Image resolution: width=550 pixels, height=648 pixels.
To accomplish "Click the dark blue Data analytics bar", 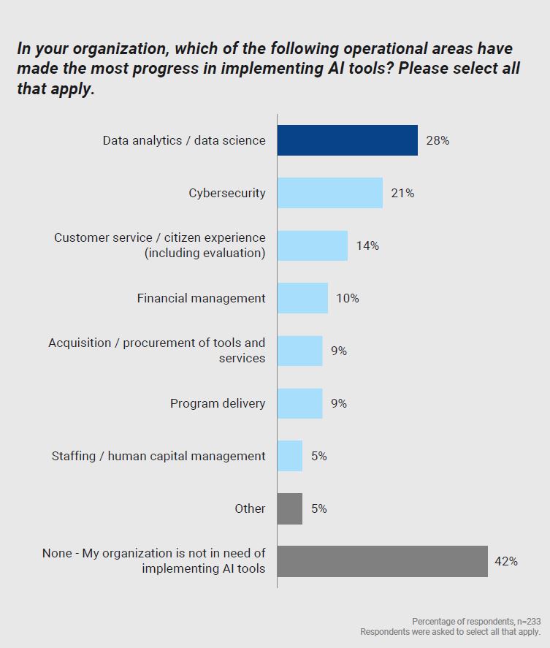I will (347, 140).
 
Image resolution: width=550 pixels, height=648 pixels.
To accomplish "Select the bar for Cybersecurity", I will (329, 193).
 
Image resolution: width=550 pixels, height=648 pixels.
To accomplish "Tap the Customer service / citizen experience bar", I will (312, 245).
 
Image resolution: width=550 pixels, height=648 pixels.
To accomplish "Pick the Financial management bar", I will (302, 298).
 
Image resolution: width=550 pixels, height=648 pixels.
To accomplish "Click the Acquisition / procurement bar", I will (299, 351).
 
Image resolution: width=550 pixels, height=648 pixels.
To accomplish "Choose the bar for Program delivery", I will (299, 403).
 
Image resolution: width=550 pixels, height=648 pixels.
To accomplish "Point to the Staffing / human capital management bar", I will (289, 456).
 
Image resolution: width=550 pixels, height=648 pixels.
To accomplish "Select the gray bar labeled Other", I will (289, 508).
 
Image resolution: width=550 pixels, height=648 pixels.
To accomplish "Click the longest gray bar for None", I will (382, 561).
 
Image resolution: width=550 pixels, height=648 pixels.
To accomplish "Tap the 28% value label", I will (438, 140).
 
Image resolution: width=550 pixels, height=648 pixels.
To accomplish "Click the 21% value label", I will (402, 193).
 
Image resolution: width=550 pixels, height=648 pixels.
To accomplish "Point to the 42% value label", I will (506, 561).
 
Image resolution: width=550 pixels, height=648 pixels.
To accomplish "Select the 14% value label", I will (367, 245).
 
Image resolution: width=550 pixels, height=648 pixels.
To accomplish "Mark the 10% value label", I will (348, 298).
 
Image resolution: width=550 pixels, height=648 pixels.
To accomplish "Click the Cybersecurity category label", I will (227, 193).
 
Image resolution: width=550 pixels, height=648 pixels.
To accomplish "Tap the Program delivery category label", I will (218, 403).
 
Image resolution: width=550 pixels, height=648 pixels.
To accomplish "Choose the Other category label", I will (250, 508).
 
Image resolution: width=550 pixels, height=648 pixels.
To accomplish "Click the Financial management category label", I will (201, 298).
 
